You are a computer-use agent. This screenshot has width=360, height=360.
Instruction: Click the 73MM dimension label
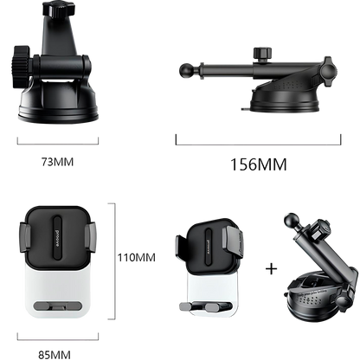point(58,162)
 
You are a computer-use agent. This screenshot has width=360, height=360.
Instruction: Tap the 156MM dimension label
point(259,164)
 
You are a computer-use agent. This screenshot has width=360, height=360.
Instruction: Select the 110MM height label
point(137,257)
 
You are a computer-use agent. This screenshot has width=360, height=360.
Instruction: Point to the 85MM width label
point(55,354)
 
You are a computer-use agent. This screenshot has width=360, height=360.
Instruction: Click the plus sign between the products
point(271,269)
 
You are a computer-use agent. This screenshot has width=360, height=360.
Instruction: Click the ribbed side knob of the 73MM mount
point(21,67)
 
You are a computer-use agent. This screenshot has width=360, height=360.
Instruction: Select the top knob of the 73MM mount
point(59,9)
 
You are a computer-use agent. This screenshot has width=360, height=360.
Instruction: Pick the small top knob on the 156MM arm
point(262,54)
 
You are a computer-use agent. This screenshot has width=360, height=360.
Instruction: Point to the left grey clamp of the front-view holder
point(25,237)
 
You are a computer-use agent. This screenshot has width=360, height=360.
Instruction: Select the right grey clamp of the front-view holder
point(90,237)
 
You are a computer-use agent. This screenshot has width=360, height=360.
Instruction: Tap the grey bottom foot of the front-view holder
point(58,305)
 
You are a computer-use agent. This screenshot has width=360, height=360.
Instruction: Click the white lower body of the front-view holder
point(58,289)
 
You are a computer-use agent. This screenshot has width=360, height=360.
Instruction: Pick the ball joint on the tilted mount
point(292,221)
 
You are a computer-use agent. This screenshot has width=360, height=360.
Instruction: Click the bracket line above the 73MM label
point(58,144)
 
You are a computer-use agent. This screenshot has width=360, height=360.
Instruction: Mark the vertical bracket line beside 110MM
point(115,261)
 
